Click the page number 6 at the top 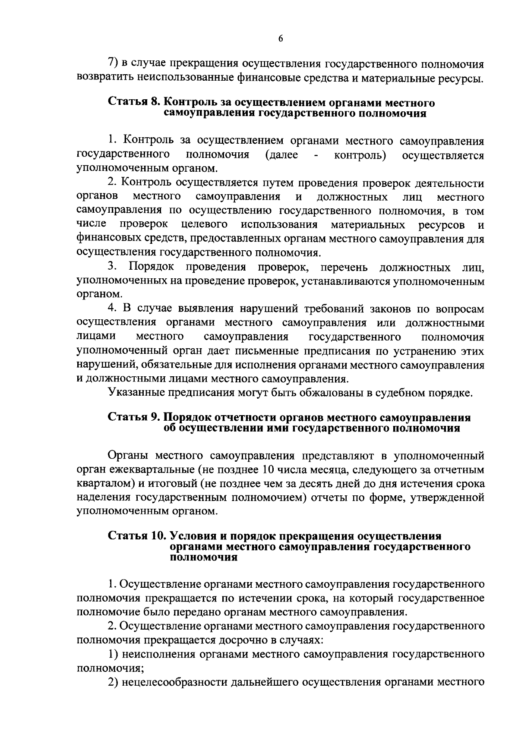tap(280, 39)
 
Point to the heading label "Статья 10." tap(137, 536)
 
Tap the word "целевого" tap(205, 225)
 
